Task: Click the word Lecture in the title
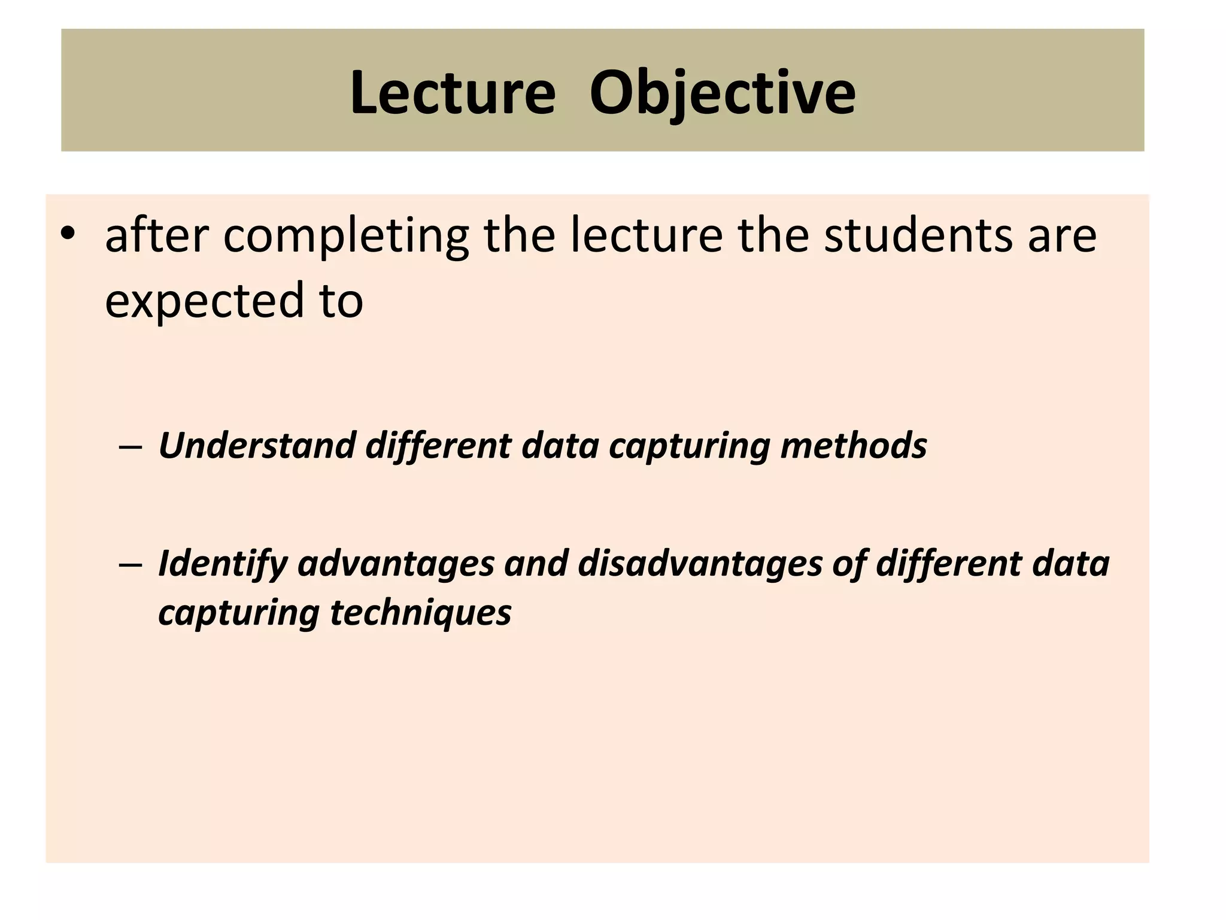click(453, 93)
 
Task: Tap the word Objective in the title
click(722, 93)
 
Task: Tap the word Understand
click(257, 446)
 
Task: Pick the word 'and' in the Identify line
click(536, 564)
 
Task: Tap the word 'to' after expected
click(342, 301)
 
